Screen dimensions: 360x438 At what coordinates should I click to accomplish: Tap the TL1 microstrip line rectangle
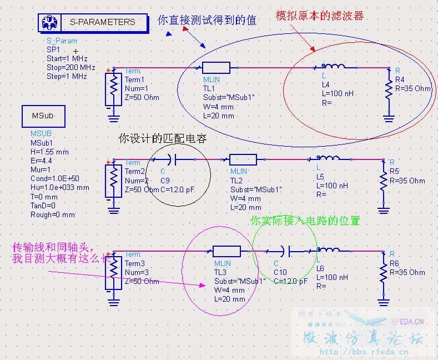point(216,68)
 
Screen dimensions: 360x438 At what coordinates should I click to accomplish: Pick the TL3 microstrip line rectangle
point(227,251)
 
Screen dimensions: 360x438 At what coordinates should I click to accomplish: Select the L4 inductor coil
point(333,67)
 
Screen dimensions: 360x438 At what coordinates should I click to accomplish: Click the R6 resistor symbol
point(383,272)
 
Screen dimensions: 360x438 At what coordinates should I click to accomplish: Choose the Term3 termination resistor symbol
point(113,272)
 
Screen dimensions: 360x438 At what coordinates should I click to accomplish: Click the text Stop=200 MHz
point(71,67)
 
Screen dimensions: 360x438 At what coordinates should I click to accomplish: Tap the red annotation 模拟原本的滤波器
point(320,16)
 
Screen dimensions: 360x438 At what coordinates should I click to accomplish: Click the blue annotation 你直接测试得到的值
point(207,21)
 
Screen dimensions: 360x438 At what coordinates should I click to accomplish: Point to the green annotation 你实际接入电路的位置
point(305,221)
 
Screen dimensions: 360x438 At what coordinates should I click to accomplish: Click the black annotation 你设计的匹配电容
point(163,139)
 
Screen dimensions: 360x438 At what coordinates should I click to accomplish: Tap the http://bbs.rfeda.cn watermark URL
point(364,352)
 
